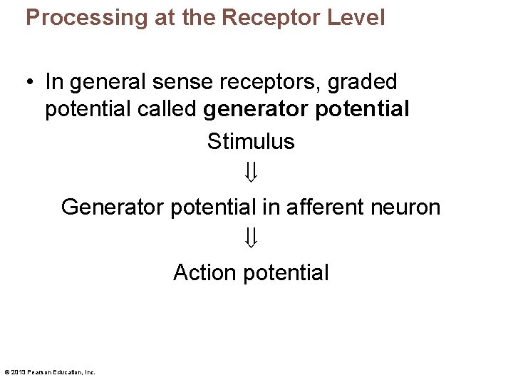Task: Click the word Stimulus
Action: [251, 141]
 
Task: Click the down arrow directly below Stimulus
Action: [251, 172]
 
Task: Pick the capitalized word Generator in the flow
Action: [113, 207]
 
